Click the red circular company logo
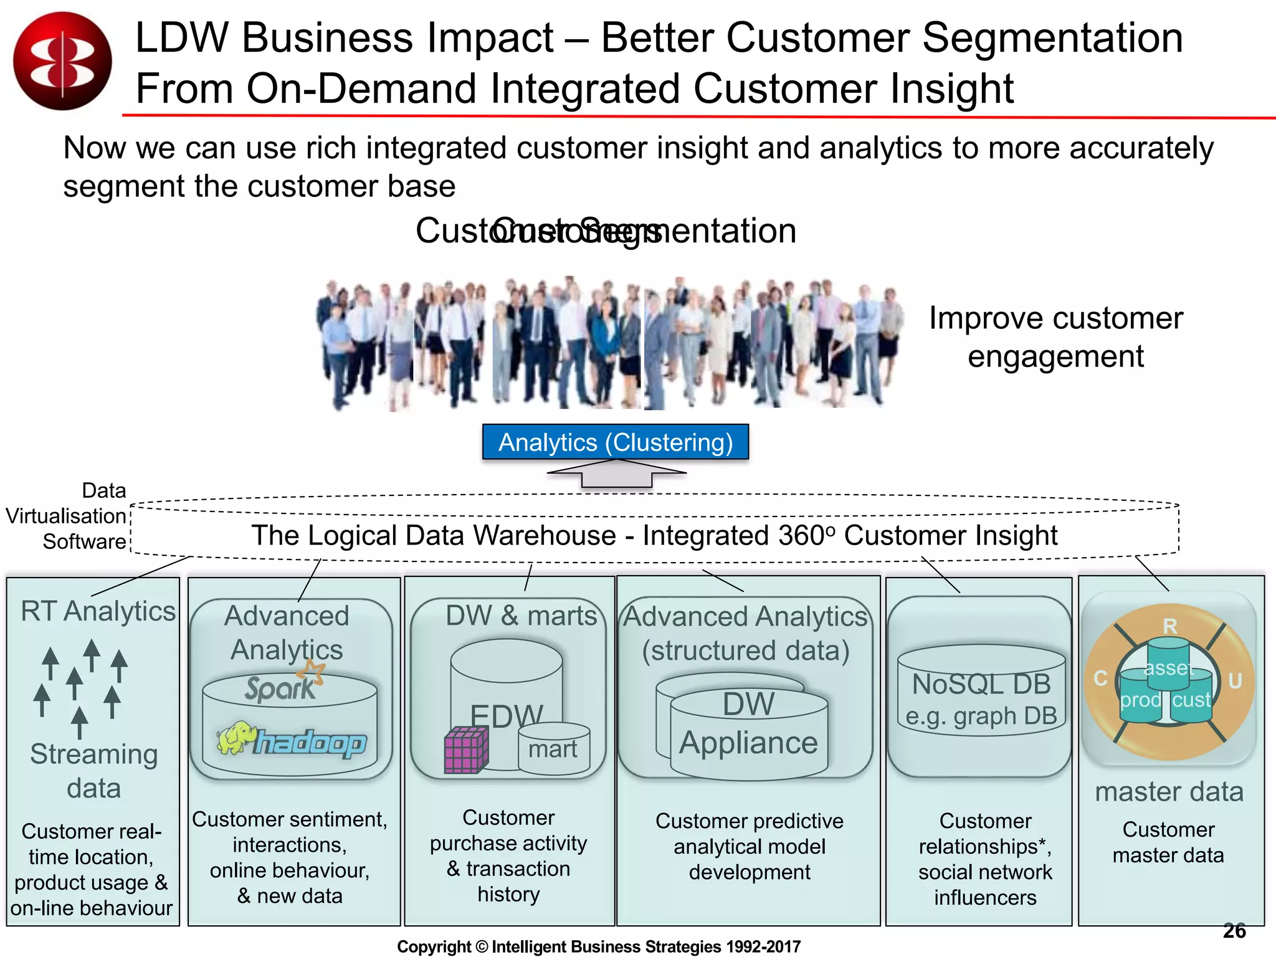click(x=62, y=61)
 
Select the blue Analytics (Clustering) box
click(x=616, y=442)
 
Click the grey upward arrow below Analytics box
click(x=617, y=474)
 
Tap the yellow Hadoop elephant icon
click(x=237, y=738)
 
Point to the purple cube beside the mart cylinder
click(x=465, y=750)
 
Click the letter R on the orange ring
click(x=1170, y=626)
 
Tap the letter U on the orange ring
click(x=1234, y=681)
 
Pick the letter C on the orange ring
click(x=1101, y=678)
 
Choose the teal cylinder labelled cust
click(x=1191, y=700)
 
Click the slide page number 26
click(x=1234, y=931)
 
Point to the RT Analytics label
click(x=98, y=611)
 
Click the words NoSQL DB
click(x=981, y=684)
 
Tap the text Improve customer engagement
click(x=1055, y=337)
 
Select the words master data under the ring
click(x=1169, y=792)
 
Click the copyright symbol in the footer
click(x=482, y=947)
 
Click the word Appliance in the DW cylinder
click(x=748, y=743)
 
